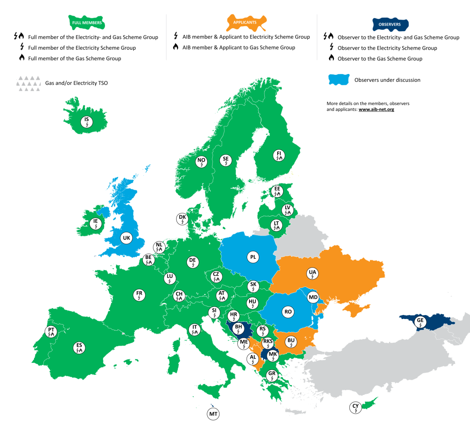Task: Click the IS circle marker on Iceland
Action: coord(87,122)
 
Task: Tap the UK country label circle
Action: coord(126,238)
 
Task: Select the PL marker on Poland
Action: coord(253,257)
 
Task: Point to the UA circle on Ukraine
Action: coord(312,274)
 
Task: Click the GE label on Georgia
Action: coord(420,322)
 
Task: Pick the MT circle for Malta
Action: coord(213,414)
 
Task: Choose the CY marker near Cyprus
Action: coord(355,407)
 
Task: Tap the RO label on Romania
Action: coord(288,312)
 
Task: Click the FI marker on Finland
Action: coord(279,155)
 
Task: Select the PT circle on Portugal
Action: coord(51,332)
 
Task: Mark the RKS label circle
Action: coord(268,343)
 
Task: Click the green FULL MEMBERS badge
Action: coord(87,22)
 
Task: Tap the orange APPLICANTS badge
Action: coord(245,22)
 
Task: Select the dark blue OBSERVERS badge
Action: coord(390,24)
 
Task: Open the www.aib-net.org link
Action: coord(376,110)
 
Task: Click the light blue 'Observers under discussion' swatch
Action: coord(339,80)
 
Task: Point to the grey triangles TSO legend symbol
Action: coord(29,83)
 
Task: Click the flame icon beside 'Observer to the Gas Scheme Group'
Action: coord(331,58)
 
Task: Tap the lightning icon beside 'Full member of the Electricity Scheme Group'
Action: coord(22,47)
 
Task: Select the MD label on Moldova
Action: coord(313,297)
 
